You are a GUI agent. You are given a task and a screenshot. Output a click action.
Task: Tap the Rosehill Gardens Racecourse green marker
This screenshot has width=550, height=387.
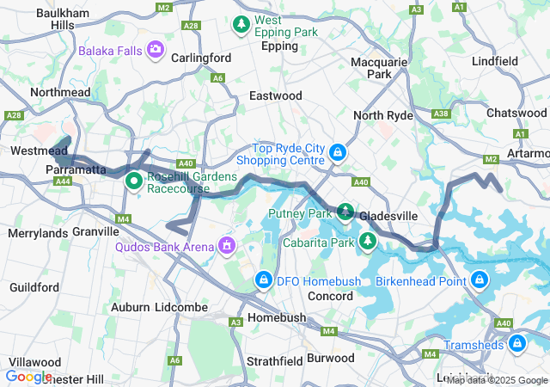pyautogui.click(x=135, y=181)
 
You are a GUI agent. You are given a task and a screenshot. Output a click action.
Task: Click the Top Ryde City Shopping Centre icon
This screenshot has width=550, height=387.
pyautogui.click(x=339, y=154)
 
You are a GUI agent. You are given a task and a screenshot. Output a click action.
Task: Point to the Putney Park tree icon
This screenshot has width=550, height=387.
pyautogui.click(x=345, y=212)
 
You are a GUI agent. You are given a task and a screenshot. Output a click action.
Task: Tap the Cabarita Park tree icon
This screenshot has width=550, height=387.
pyautogui.click(x=367, y=242)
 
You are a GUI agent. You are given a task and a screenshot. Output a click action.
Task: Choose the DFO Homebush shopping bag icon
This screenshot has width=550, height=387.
pyautogui.click(x=264, y=280)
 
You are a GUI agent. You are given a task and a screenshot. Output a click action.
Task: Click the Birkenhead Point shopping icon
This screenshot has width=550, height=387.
pyautogui.click(x=479, y=279)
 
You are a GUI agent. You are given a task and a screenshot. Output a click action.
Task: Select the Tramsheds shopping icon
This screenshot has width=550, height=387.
pyautogui.click(x=516, y=345)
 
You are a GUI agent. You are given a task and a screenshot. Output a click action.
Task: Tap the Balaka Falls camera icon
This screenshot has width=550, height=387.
pyautogui.click(x=156, y=51)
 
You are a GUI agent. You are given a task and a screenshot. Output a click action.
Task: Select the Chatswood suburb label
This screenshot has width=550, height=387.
pyautogui.click(x=515, y=113)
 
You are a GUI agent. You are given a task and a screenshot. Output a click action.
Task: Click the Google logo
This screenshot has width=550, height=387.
pyautogui.click(x=29, y=376)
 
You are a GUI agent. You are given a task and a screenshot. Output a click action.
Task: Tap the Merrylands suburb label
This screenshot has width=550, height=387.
pyautogui.click(x=37, y=233)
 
